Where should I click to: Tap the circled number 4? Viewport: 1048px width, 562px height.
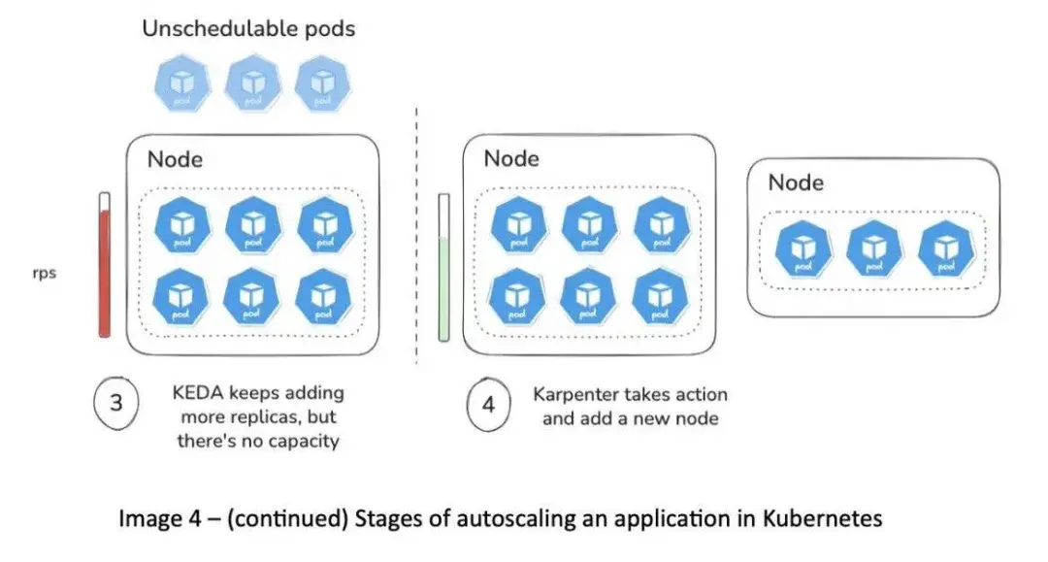(488, 406)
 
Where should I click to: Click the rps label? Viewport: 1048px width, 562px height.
(45, 273)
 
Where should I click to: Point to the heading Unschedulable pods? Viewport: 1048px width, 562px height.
(248, 28)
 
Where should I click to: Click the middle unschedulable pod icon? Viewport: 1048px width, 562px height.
(252, 83)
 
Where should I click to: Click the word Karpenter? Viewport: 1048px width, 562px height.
(579, 395)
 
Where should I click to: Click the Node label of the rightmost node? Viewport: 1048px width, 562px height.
(796, 182)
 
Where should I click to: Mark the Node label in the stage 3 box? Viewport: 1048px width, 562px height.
(175, 159)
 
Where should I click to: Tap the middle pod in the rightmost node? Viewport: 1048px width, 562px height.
(870, 248)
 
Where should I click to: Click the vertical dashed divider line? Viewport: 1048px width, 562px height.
(417, 233)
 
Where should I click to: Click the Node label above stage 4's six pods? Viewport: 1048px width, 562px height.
(511, 158)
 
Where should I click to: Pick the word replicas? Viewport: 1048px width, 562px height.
(264, 417)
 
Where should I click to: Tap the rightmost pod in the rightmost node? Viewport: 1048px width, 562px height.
(943, 248)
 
